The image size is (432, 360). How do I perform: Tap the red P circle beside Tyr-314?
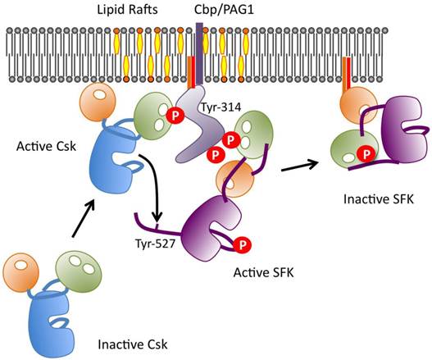175,116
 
